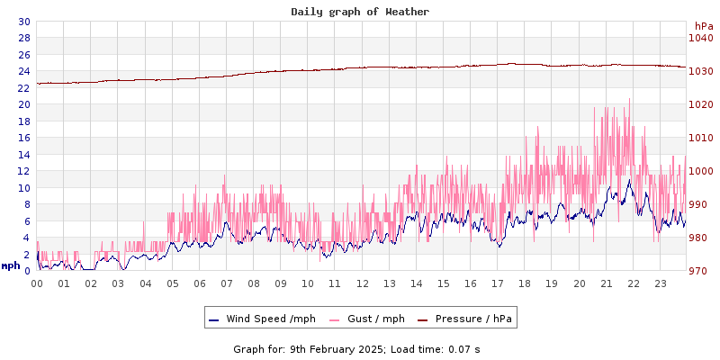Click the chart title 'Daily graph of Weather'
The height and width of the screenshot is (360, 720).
tap(360, 12)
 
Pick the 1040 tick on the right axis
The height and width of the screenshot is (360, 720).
tap(700, 38)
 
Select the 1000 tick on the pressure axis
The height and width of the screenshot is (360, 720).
tap(700, 171)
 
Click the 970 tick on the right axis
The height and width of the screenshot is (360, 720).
tap(700, 271)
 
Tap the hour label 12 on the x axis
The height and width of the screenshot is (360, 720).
tap(362, 283)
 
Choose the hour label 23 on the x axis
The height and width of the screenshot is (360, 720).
tap(660, 283)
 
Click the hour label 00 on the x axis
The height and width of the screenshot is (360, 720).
tap(37, 283)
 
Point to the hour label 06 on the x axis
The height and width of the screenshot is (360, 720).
tap(200, 283)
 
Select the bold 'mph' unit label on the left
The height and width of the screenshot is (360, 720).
tap(11, 265)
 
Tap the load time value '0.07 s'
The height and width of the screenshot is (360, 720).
tap(464, 348)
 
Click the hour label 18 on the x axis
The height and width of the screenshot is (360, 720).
tap(525, 283)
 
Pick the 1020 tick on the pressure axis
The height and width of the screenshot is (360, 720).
tap(700, 104)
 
